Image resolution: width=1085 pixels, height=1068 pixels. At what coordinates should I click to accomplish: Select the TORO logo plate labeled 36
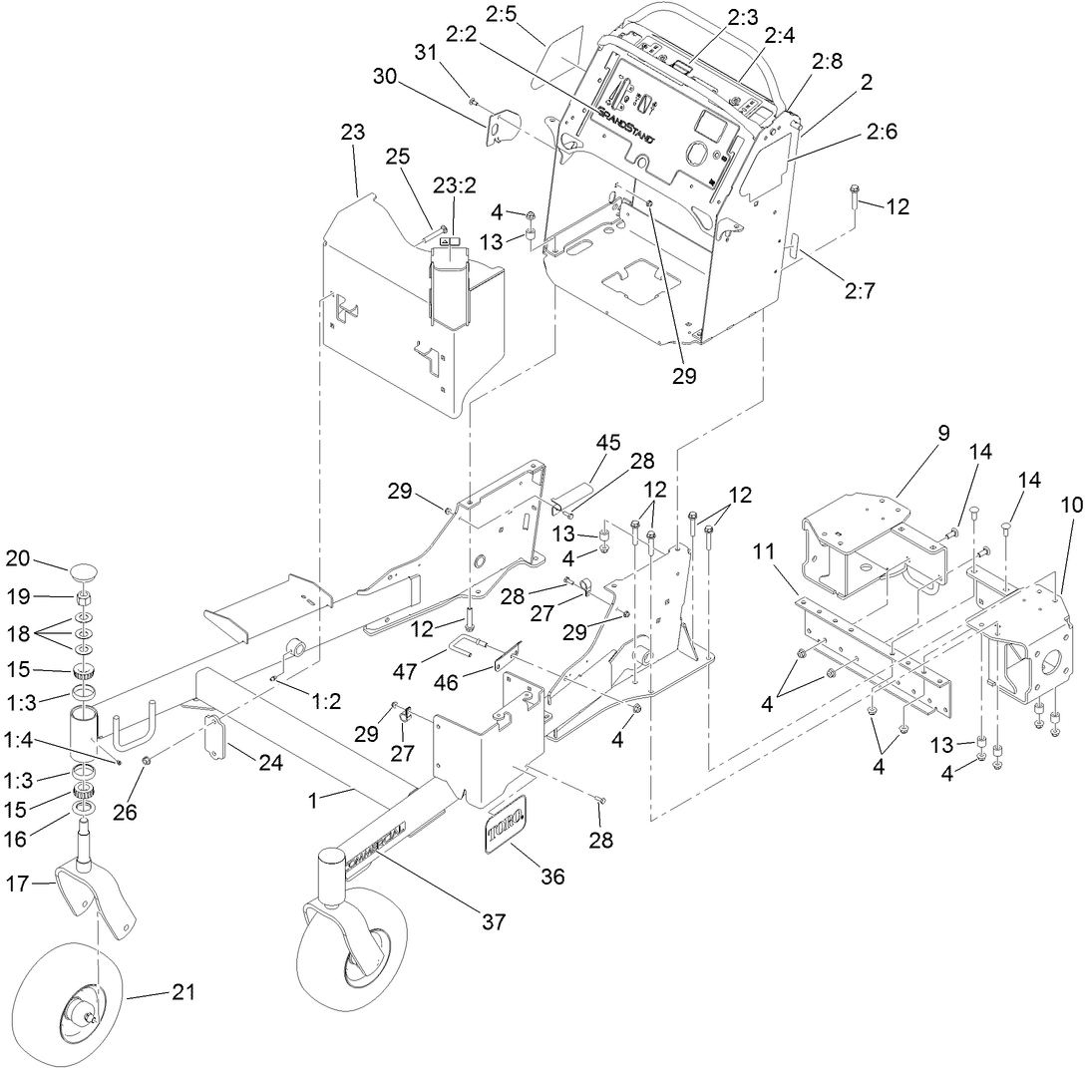click(x=507, y=824)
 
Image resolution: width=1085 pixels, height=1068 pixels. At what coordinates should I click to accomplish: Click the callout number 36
click(x=551, y=877)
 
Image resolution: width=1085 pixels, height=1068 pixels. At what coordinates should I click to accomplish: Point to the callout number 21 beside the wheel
click(x=183, y=992)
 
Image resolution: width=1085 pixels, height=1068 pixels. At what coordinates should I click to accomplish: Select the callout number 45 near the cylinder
click(x=608, y=442)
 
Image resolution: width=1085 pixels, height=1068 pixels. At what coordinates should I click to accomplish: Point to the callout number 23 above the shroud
click(x=353, y=132)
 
